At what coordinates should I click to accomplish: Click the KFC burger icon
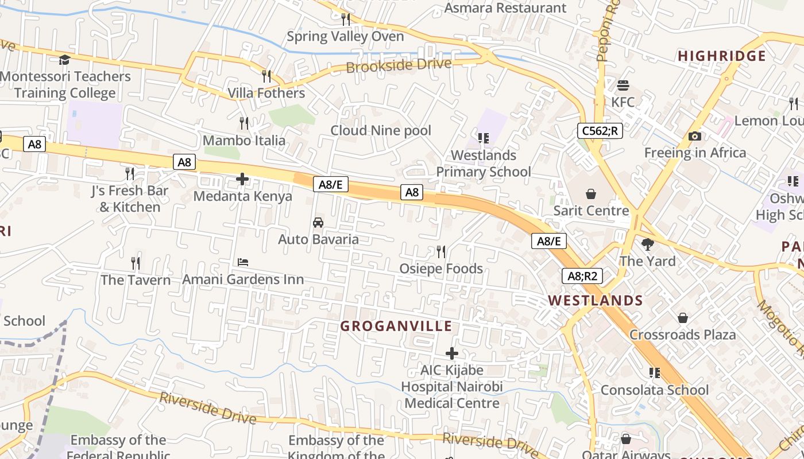(623, 86)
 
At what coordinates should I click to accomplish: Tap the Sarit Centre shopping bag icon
(590, 195)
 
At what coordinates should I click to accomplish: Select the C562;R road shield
(600, 131)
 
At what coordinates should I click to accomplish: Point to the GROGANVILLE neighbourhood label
(396, 326)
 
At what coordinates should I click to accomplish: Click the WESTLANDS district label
(596, 301)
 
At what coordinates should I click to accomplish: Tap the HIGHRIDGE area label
(722, 56)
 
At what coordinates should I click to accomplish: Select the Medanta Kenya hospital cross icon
(242, 180)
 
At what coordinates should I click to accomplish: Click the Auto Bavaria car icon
(318, 223)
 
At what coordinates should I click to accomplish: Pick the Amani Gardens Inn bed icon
(243, 263)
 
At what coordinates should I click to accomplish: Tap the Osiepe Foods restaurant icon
(441, 252)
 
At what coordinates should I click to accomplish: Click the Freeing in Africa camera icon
(695, 137)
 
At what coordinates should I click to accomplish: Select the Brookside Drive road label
(399, 65)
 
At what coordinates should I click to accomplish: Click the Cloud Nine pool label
(380, 131)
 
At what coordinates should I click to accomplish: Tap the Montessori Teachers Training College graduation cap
(65, 60)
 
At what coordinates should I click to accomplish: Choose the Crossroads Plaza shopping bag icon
(683, 318)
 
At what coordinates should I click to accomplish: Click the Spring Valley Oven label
(345, 37)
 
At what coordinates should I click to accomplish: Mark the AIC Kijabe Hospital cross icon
(452, 353)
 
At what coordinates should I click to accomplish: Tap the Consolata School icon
(655, 374)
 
